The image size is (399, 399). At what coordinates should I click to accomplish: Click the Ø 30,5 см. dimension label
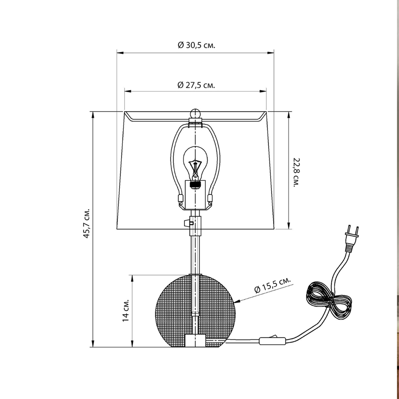click(x=196, y=45)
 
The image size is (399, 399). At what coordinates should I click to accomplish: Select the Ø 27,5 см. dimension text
click(x=196, y=85)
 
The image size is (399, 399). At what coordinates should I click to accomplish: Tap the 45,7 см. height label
click(x=86, y=223)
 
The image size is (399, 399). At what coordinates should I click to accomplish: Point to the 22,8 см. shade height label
click(x=296, y=172)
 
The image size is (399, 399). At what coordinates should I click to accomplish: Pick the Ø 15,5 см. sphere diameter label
click(x=273, y=286)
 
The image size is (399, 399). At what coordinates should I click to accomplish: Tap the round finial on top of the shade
click(x=195, y=113)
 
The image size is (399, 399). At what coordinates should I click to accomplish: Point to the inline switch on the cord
click(x=273, y=340)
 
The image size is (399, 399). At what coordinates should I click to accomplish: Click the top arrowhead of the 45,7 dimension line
click(x=93, y=114)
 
